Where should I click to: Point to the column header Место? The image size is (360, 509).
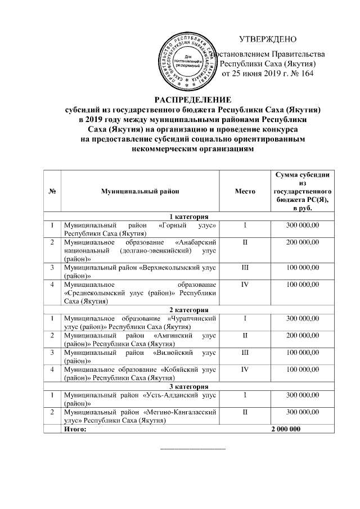[245, 192]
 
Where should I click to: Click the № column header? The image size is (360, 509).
[52, 192]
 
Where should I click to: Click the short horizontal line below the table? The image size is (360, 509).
[193, 449]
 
